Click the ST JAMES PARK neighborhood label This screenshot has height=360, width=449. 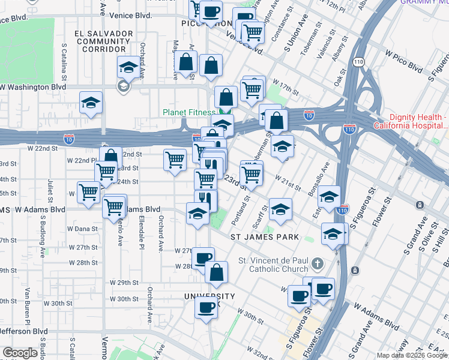click(x=265, y=237)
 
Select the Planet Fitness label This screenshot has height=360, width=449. click(x=188, y=112)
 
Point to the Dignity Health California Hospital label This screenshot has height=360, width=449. click(x=411, y=121)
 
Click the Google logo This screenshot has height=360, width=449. click(x=20, y=353)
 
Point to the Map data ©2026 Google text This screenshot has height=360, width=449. click(x=412, y=355)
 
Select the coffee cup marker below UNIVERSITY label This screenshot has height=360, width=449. click(x=206, y=308)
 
